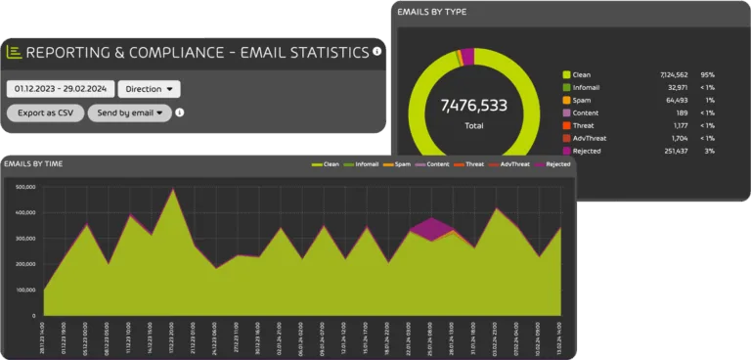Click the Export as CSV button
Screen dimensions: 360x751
(44, 112)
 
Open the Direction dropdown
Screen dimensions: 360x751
(149, 89)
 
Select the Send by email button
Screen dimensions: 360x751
(129, 112)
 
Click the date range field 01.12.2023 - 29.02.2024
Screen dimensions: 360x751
(61, 89)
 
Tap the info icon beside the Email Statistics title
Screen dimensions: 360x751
(377, 52)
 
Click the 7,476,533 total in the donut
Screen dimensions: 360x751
(473, 105)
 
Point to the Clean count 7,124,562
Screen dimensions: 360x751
(675, 74)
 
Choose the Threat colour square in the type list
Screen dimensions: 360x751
(566, 125)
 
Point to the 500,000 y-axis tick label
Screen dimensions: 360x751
(22, 185)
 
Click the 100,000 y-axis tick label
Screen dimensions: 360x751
(22, 291)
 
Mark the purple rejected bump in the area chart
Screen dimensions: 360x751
(427, 228)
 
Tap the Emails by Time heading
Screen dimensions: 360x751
(34, 163)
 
